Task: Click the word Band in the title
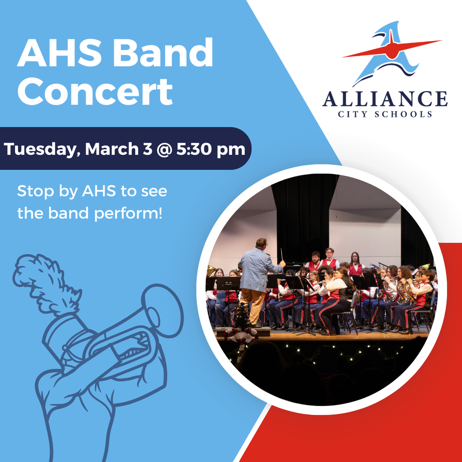pos(163,53)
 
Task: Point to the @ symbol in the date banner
pos(164,149)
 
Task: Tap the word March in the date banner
pos(112,149)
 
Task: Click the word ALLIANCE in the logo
pos(384,99)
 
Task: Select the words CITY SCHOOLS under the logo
pos(384,114)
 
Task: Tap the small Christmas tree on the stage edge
pos(241,316)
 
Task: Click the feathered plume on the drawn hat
pos(45,282)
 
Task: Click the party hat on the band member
pos(424,267)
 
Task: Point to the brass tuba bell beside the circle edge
pos(211,271)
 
